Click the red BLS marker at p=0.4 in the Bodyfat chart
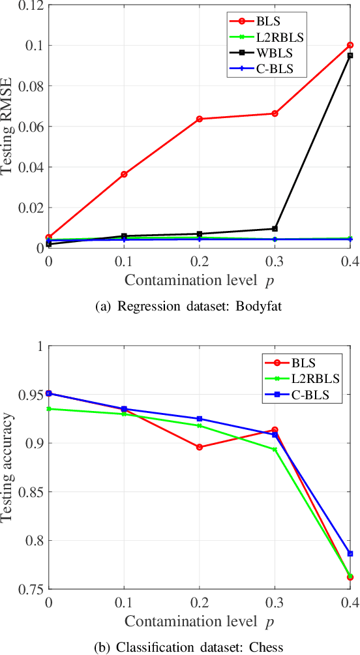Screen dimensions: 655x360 (350, 45)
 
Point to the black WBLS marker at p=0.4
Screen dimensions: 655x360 (350, 55)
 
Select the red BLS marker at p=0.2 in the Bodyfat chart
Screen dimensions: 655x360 (200, 119)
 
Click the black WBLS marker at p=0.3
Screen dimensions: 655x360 (275, 228)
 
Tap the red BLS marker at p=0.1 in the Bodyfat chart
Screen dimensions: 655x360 (124, 174)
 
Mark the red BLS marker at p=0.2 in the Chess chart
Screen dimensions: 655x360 (200, 447)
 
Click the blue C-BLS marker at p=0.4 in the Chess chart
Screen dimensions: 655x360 (350, 553)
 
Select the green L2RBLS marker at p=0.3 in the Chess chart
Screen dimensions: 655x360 (275, 449)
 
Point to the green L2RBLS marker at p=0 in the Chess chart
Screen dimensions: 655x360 (49, 409)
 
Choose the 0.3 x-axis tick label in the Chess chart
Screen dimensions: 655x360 (275, 602)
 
